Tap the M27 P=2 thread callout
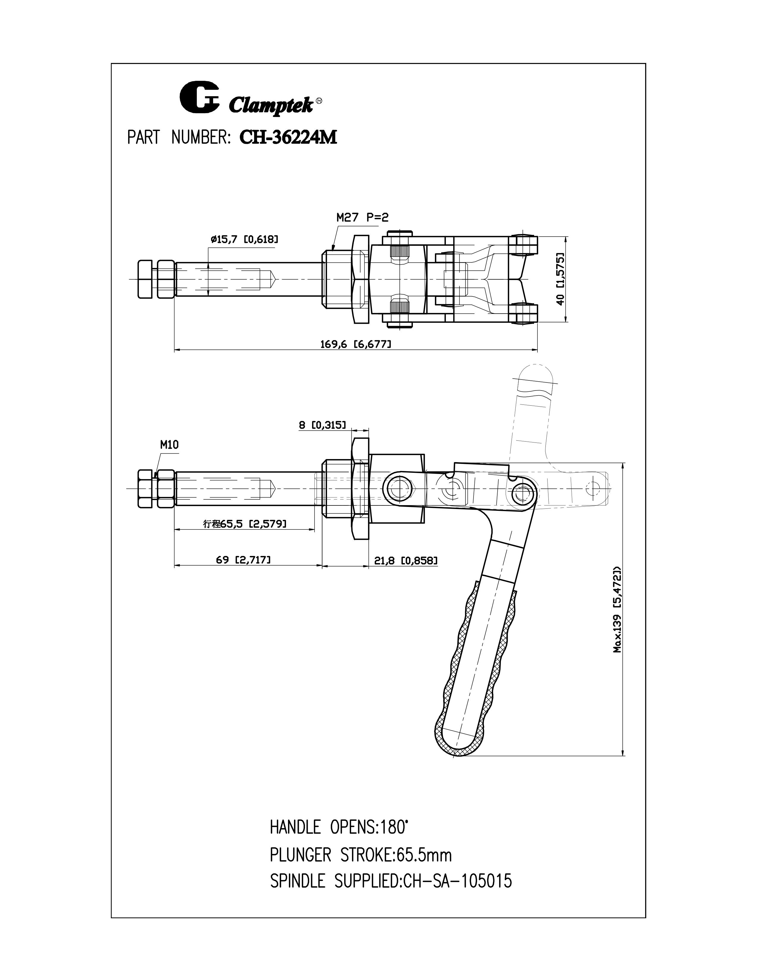point(362,218)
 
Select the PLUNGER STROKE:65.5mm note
point(361,855)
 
